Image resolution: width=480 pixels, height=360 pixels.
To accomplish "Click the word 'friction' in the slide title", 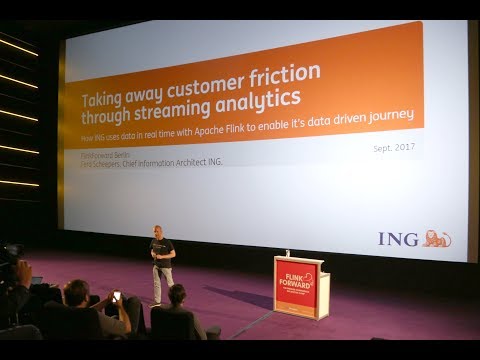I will tap(285, 74).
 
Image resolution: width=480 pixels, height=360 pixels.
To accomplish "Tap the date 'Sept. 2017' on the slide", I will tap(394, 148).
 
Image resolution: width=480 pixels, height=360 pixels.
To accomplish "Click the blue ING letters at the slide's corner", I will tap(397, 239).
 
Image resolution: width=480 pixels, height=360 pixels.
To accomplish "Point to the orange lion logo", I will tap(436, 238).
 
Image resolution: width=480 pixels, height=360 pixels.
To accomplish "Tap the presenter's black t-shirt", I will tap(162, 251).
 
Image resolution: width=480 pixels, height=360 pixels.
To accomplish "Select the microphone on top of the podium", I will tap(287, 254).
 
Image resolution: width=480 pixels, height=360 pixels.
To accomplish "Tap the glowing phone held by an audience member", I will tap(117, 296).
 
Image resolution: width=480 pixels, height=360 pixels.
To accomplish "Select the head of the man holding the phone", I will tap(77, 292).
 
